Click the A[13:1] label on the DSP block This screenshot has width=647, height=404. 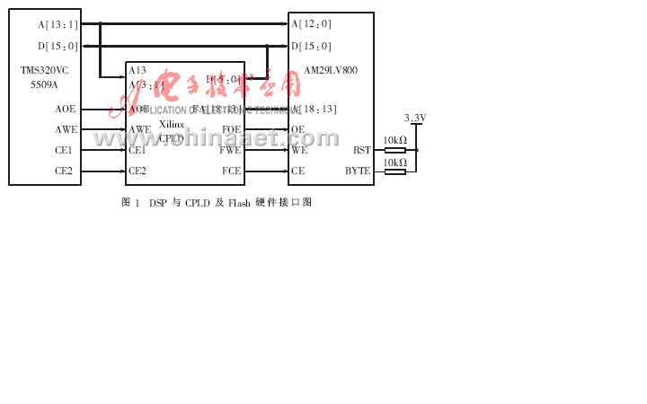pos(58,24)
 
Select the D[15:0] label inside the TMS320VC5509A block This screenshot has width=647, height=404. pos(58,46)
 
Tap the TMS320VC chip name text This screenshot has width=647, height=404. pos(44,70)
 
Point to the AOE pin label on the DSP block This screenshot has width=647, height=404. pos(65,109)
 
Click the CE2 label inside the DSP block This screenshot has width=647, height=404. pos(64,171)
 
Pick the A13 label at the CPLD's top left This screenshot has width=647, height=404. pos(137,70)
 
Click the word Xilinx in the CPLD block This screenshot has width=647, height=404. pos(172,124)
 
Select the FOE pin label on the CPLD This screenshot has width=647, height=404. pos(231,129)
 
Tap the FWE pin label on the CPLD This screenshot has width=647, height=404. pos(231,150)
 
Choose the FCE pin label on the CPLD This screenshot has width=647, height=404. pos(231,171)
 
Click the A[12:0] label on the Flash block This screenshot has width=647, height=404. pos(311,24)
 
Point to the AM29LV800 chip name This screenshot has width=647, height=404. pos(330,70)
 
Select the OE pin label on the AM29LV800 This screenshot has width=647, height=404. pos(297,129)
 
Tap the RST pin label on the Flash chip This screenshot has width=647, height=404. pos(361,150)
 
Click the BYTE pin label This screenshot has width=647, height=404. pos(358,171)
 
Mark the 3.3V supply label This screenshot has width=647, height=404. pos(415,118)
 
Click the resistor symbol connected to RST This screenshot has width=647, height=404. pos(394,150)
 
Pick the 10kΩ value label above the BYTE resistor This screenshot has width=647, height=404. pos(394,162)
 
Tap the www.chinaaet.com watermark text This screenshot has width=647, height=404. pos(216,138)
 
